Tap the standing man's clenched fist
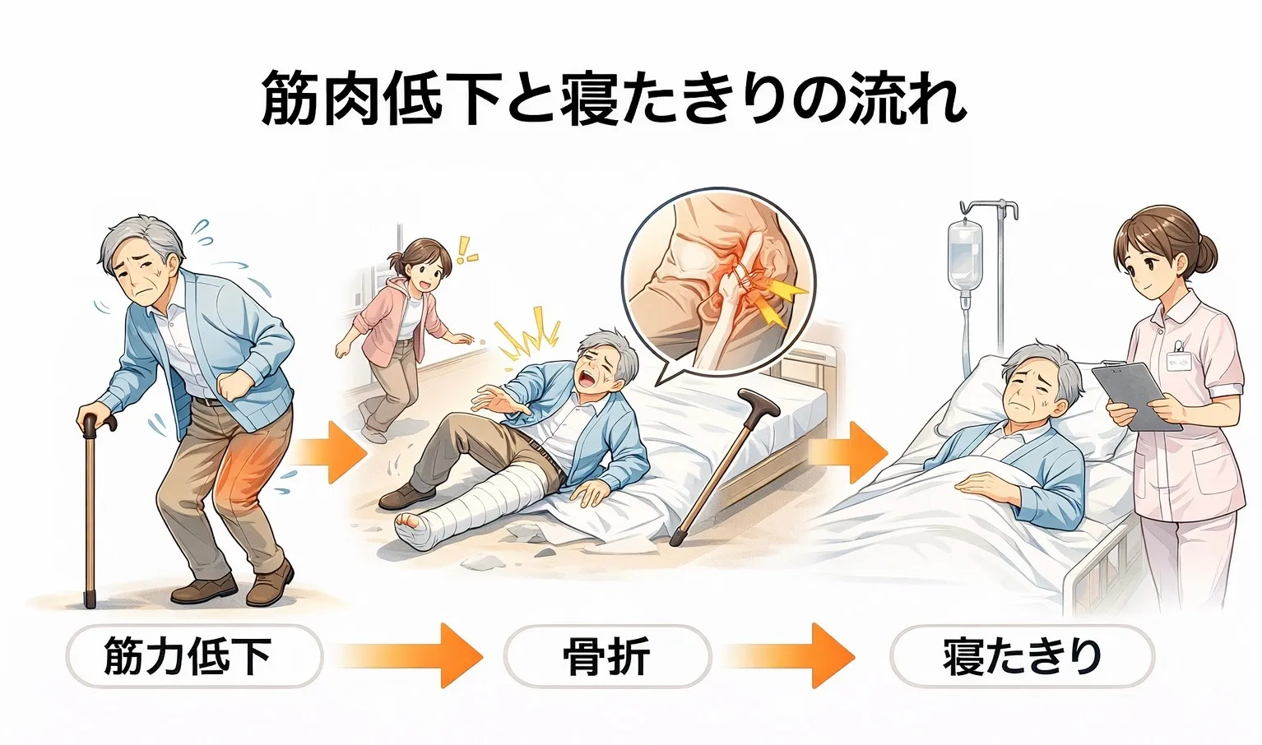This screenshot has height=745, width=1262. pyautogui.click(x=232, y=386)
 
